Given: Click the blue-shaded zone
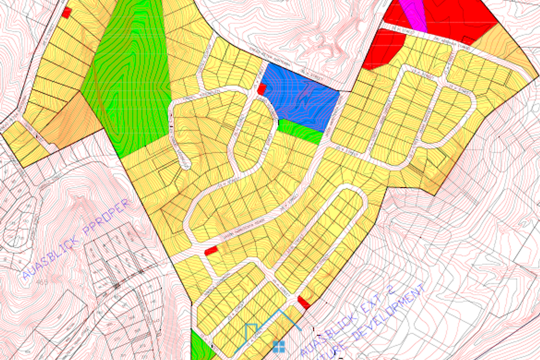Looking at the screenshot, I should click(301, 97).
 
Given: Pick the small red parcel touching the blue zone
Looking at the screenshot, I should click(261, 89).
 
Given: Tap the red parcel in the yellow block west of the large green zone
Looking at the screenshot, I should click(67, 13).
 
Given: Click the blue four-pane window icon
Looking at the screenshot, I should click(279, 346).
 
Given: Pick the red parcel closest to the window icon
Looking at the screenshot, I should click(304, 301).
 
